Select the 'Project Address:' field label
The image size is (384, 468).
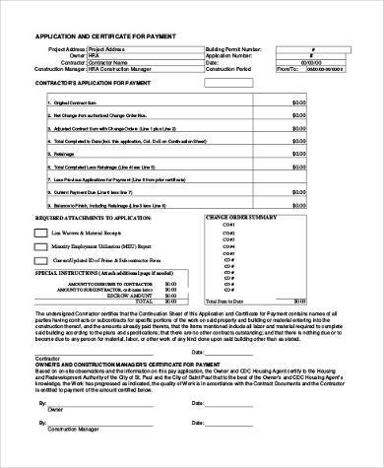[65, 47]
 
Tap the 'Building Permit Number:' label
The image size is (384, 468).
[234, 47]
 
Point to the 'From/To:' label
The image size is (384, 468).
[288, 70]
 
